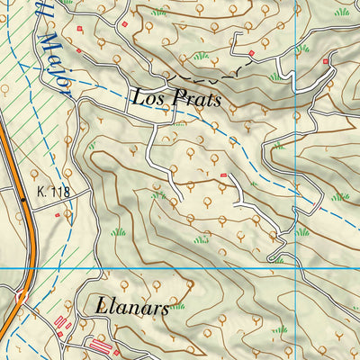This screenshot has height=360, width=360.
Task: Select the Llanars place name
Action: (x=130, y=307)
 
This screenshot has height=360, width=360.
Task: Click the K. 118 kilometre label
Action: (x=53, y=193)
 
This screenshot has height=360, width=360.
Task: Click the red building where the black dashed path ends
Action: (x=252, y=54)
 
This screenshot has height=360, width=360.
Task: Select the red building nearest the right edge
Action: (x=326, y=60)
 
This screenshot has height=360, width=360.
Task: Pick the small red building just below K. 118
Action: (x=57, y=215)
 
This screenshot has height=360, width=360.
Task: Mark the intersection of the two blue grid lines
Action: (x=295, y=268)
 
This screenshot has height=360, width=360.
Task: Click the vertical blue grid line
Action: (x=295, y=135)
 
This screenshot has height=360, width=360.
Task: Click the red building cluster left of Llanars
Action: (x=62, y=322)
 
